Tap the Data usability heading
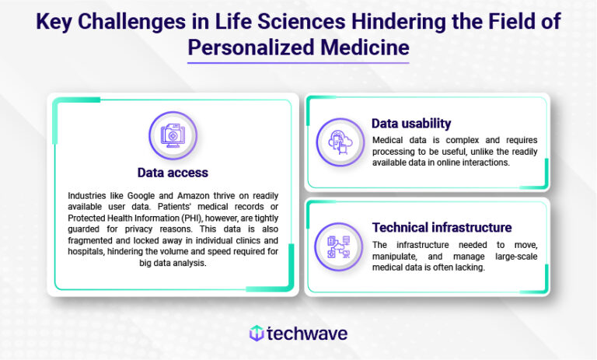(x=411, y=124)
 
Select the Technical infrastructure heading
(x=442, y=228)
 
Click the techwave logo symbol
(x=256, y=333)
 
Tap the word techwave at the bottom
(x=307, y=333)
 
